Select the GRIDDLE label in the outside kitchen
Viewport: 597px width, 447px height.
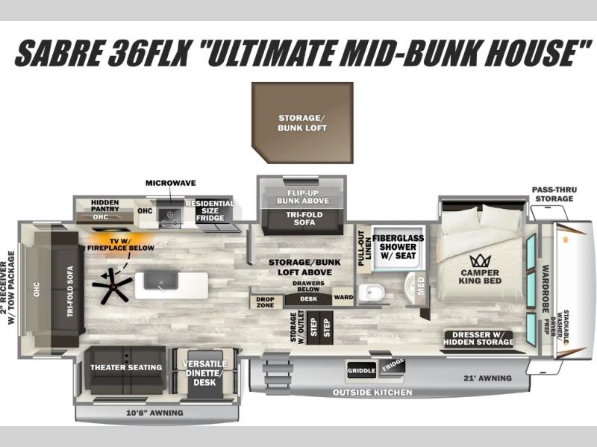(x=361, y=371)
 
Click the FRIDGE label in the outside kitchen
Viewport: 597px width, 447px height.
(x=393, y=366)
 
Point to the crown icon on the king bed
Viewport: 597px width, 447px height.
(x=479, y=261)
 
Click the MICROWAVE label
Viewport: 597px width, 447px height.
(x=170, y=183)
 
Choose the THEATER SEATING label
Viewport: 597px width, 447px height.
(x=126, y=367)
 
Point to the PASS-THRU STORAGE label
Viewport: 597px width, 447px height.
(x=553, y=194)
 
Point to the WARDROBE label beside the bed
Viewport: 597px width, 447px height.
(x=546, y=288)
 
